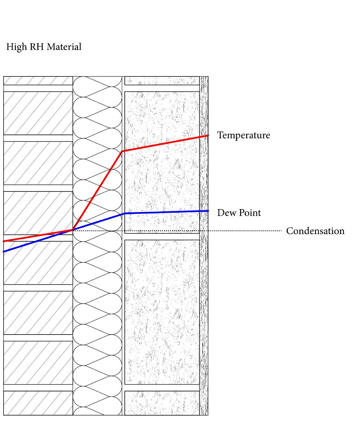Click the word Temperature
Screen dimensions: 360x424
pyautogui.click(x=243, y=136)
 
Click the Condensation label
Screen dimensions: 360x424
pyautogui.click(x=315, y=231)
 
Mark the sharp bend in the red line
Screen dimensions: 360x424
pyautogui.click(x=122, y=151)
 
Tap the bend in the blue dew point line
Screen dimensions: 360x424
pyautogui.click(x=124, y=213)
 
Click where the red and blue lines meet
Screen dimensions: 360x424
pyautogui.click(x=73, y=230)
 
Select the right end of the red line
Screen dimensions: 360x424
pyautogui.click(x=208, y=136)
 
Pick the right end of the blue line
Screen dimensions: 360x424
pyautogui.click(x=208, y=211)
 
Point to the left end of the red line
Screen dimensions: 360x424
pyautogui.click(x=4, y=241)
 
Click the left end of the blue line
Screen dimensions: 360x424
pyautogui.click(x=4, y=252)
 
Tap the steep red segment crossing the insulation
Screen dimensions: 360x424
pyautogui.click(x=98, y=190)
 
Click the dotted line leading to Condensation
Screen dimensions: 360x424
pyautogui.click(x=247, y=230)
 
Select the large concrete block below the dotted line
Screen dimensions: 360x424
pyautogui.click(x=162, y=312)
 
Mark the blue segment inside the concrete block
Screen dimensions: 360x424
pyautogui.click(x=163, y=212)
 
